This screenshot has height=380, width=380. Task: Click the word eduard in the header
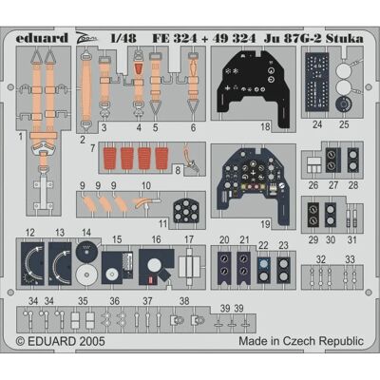coord(42,38)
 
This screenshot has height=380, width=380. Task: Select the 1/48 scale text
coord(123,38)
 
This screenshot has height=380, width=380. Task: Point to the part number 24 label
coord(317,124)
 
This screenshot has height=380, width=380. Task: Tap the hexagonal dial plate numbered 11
coord(187,210)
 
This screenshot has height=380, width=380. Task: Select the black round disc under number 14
coord(86,250)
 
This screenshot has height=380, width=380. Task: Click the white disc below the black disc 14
coord(86,275)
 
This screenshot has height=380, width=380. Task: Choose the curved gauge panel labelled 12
coord(32,263)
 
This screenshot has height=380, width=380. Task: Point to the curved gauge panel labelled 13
coord(60,263)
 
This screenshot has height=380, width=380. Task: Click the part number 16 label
coord(156,239)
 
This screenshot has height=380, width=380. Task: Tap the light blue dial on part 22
coord(262,263)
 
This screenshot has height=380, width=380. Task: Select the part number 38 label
coord(184,300)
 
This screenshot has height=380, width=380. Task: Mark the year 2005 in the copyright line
coord(92,341)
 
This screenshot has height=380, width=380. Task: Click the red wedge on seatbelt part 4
coord(139,69)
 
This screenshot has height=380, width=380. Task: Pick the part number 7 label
coord(92,148)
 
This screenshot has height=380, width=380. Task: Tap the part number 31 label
coord(351,239)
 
